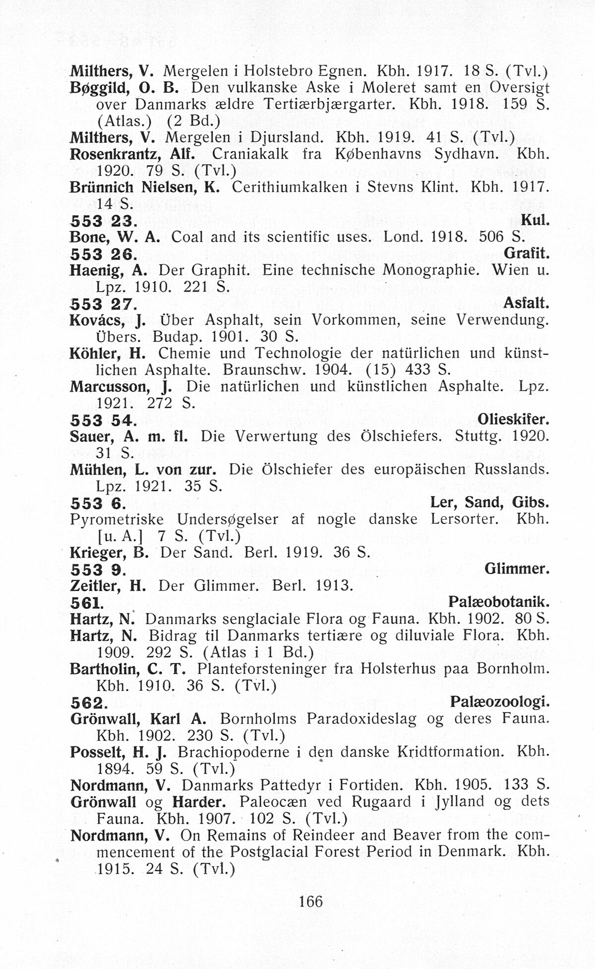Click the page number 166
point(311,901)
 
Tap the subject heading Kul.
point(535,220)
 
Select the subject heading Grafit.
point(527,253)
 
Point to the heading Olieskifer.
point(513,420)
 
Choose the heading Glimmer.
point(517,568)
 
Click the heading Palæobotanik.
point(499,602)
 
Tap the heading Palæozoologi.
point(500,702)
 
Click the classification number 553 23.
point(101,221)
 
